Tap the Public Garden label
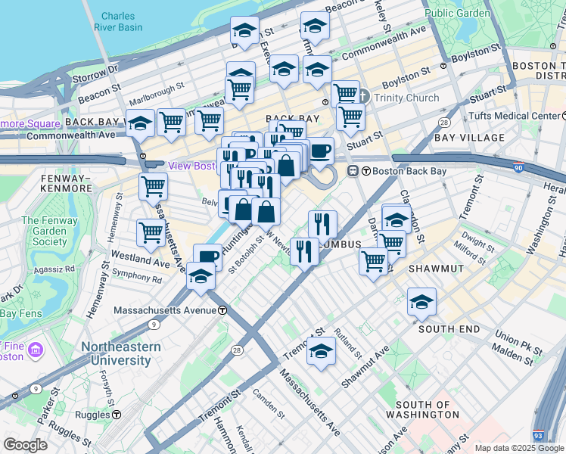click(x=457, y=13)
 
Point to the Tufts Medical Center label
click(x=514, y=116)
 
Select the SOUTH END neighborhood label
click(x=449, y=329)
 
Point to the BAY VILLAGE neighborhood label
click(x=469, y=138)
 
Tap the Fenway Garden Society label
click(x=44, y=232)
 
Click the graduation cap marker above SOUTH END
click(x=421, y=302)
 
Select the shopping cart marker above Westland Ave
click(x=151, y=234)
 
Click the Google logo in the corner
click(x=26, y=445)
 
